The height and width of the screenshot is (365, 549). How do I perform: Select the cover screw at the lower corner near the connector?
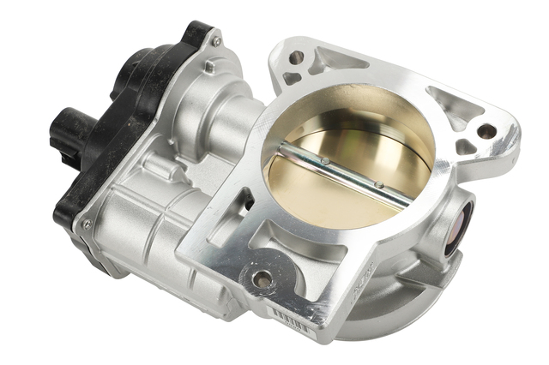84,224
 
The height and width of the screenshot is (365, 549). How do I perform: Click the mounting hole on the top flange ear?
296,57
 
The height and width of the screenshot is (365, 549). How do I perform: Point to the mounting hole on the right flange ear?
486,132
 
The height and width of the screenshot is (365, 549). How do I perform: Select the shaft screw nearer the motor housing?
324,159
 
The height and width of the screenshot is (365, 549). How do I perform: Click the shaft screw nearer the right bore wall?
377,183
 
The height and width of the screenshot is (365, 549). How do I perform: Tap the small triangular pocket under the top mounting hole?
293,79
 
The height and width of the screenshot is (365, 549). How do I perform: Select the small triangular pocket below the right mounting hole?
467,147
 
